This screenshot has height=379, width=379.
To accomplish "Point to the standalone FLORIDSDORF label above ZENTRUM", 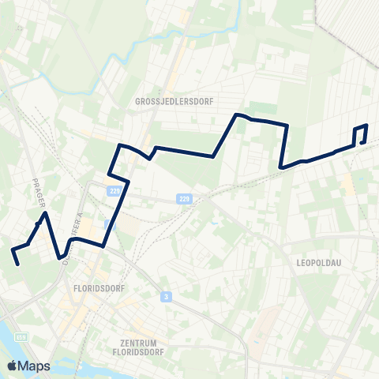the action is click(x=95, y=288).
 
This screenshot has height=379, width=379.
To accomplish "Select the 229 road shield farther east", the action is click(x=183, y=198).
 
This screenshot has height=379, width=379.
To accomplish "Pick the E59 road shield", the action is click(x=21, y=338).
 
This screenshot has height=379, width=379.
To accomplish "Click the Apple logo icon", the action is click(x=12, y=366).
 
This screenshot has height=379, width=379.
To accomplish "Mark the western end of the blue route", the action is click(x=18, y=265).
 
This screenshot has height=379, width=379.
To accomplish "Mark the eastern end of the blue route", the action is click(x=363, y=142).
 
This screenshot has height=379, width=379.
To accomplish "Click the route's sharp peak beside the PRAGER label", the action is click(x=47, y=212).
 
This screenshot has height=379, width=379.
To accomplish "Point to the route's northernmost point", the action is click(x=236, y=114).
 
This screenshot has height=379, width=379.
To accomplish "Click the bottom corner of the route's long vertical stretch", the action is click(x=281, y=167).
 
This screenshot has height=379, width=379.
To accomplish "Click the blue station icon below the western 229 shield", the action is click(x=109, y=224).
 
